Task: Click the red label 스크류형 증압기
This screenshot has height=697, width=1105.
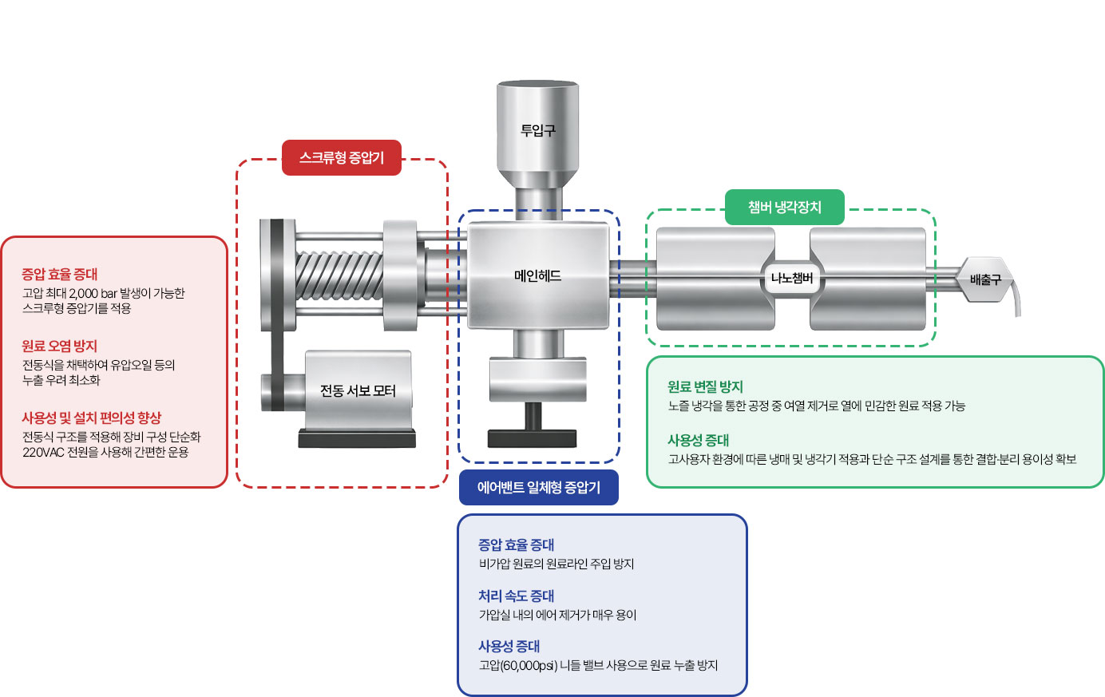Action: pos(342,158)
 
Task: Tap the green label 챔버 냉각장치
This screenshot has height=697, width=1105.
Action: pos(784,208)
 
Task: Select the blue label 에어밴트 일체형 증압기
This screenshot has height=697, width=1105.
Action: pos(538,487)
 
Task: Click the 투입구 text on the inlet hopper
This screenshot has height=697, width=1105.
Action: pos(537,130)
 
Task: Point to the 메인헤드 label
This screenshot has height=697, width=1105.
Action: pos(537,276)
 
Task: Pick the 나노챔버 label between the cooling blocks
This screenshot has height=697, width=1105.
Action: pos(791,279)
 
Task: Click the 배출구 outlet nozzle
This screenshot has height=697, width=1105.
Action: pos(984,279)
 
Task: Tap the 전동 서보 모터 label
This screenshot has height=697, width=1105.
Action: pos(358,390)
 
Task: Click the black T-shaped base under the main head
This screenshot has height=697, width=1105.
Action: pos(533,432)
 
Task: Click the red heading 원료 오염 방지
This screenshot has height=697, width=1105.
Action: pos(59,346)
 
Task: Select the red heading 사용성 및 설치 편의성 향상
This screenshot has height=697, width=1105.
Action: pos(91,418)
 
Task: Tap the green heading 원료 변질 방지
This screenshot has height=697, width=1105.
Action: pos(705,386)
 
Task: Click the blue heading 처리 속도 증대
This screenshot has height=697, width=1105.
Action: pos(516,596)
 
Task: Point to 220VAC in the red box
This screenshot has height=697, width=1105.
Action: pos(39,452)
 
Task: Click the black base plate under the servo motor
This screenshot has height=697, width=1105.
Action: pos(357,438)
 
